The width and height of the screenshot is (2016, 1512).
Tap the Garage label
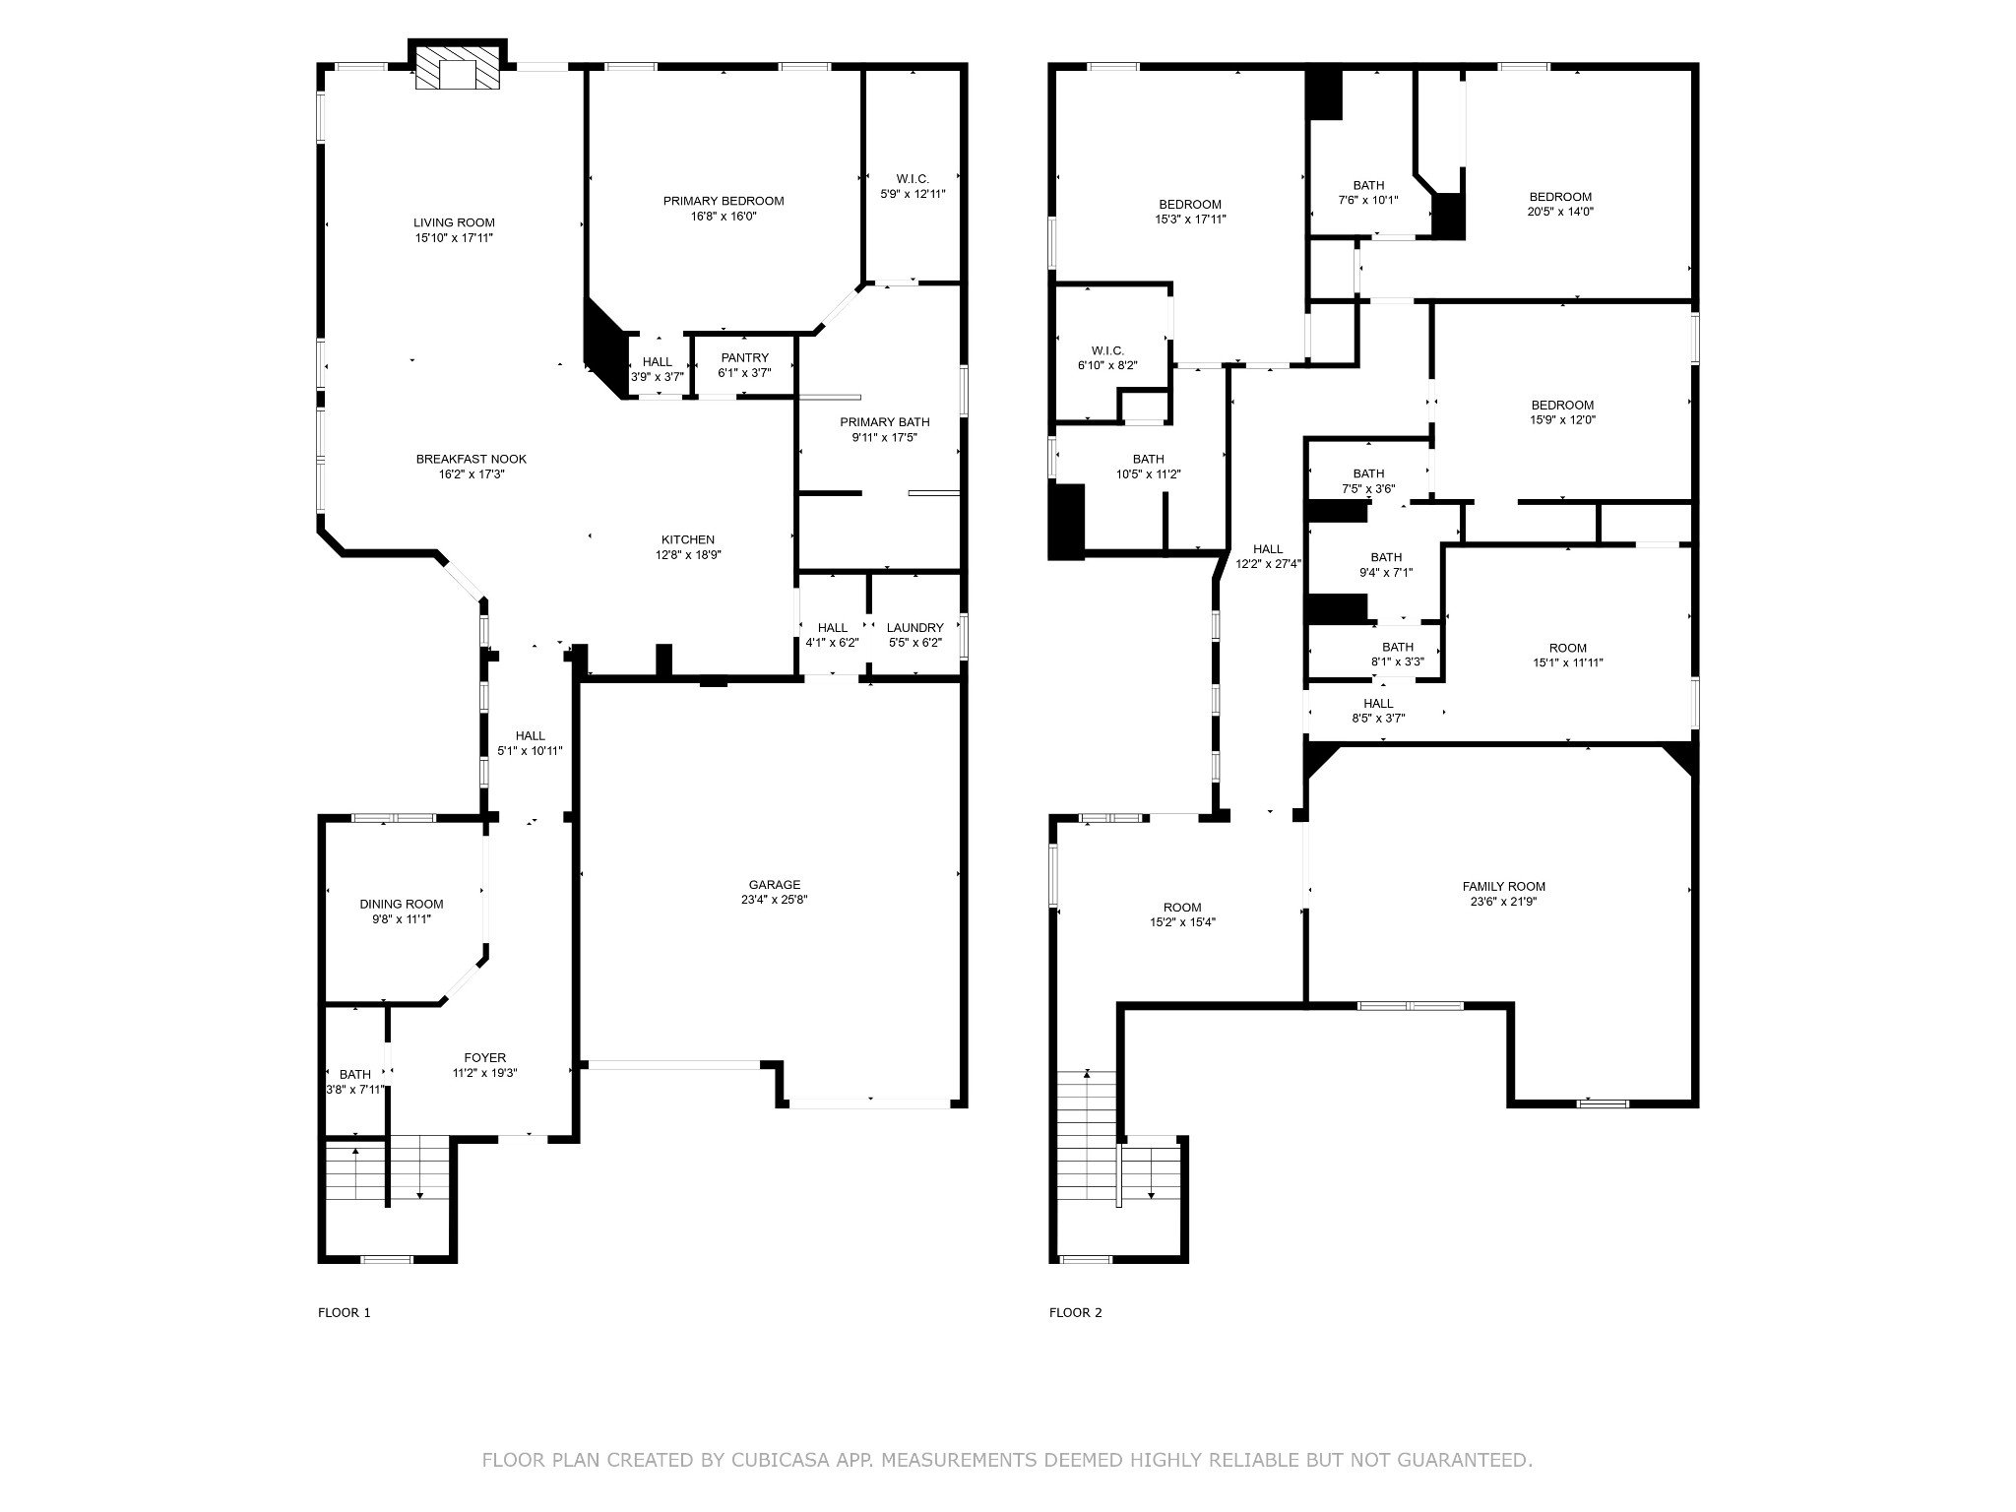[775, 885]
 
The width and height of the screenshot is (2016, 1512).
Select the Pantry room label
[744, 357]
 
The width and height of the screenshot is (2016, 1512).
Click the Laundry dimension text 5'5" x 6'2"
[915, 643]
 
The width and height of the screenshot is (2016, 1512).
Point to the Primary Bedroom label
[724, 201]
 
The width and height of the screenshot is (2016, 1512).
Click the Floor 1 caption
[344, 1312]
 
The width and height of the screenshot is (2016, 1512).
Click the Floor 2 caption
[1075, 1312]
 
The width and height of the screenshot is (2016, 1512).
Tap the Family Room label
[1503, 886]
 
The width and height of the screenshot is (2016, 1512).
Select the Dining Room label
[402, 904]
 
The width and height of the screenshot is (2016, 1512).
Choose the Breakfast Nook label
[471, 459]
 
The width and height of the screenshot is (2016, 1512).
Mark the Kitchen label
[687, 539]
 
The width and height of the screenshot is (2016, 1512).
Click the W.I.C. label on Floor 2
[1107, 350]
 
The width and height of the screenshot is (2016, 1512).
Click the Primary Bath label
[884, 422]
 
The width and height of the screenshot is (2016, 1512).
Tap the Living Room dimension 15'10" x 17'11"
[454, 238]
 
